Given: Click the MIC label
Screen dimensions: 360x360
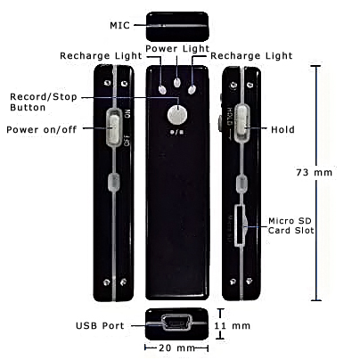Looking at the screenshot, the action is tap(119, 25).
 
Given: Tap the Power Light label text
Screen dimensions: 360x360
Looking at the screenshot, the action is tap(177, 48).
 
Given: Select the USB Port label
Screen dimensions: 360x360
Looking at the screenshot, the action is tap(100, 325).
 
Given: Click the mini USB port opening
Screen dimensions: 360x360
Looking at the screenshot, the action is tap(177, 323).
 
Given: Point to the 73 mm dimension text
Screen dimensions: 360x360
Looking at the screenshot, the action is tap(314, 172).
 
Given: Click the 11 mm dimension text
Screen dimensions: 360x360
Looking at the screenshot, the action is tap(233, 326).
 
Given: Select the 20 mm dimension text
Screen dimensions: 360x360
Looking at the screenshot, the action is tap(176, 348).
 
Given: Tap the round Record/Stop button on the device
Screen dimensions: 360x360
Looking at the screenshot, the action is tap(177, 115).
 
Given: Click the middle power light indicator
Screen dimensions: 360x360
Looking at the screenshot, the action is tap(177, 83).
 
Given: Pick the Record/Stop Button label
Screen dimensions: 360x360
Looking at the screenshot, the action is tap(44, 102).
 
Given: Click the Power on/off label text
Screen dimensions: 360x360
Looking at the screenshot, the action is tap(42, 129).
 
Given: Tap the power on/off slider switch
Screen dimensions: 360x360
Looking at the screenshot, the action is tap(113, 128).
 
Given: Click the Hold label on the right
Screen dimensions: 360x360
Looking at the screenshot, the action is tap(282, 129).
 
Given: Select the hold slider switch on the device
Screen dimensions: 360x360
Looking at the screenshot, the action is tap(241, 122).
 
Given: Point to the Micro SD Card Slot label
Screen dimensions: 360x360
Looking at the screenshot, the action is tap(290, 225).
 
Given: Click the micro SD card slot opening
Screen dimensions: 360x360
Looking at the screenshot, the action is tap(240, 225).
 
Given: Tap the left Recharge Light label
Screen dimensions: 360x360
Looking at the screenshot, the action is tap(101, 55).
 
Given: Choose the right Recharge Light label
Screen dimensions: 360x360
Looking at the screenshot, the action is tap(251, 55).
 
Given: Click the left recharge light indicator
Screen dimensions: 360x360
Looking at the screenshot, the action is tap(162, 90).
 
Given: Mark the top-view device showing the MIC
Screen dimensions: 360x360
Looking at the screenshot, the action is tap(177, 27).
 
